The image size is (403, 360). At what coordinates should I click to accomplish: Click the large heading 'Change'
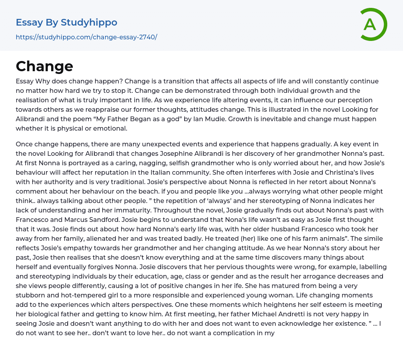coord(44,66)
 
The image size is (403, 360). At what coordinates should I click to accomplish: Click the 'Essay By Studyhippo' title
coord(67,22)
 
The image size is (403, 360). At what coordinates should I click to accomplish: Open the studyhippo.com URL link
coord(86,37)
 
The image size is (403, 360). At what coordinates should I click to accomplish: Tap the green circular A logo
coord(371,24)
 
